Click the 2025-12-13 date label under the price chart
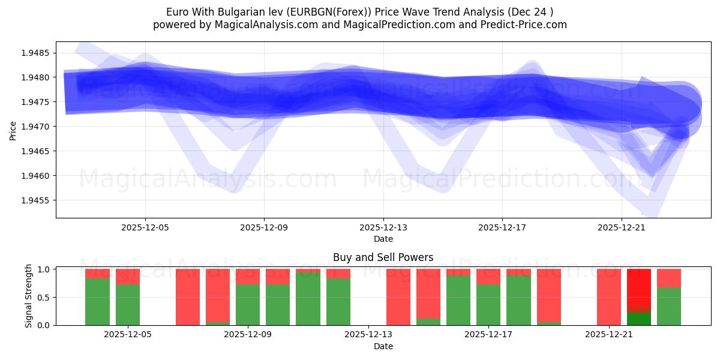[383, 227]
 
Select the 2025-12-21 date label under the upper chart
[621, 227]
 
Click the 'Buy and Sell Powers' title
[383, 257]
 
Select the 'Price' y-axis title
[13, 130]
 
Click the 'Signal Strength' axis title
[29, 297]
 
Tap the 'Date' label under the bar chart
[383, 346]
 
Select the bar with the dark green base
[639, 298]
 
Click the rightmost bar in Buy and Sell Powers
[669, 298]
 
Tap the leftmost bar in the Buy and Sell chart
[97, 298]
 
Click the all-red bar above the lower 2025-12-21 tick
[609, 298]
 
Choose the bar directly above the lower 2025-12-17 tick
[488, 298]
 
